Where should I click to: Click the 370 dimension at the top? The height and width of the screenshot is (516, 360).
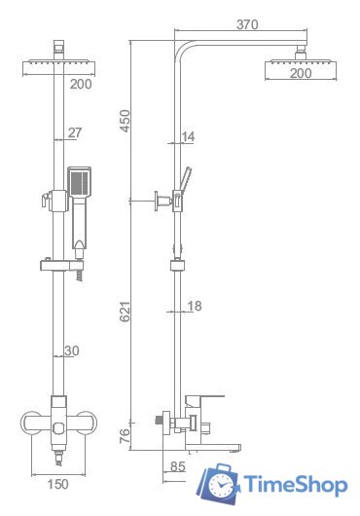(x=247, y=24)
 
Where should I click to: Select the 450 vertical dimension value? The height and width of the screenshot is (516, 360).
(x=125, y=121)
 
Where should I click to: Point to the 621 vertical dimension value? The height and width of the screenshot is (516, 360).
(x=125, y=312)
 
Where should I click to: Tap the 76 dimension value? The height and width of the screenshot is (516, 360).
(x=125, y=436)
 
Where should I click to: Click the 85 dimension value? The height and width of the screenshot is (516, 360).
(x=178, y=466)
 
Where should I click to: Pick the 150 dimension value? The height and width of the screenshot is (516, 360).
(x=57, y=484)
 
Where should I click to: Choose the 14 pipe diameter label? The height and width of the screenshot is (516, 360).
(x=188, y=136)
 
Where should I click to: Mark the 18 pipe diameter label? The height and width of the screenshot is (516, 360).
(x=195, y=306)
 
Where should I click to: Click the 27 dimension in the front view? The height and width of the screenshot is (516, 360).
(x=75, y=132)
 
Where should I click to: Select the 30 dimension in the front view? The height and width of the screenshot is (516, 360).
(x=72, y=350)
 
